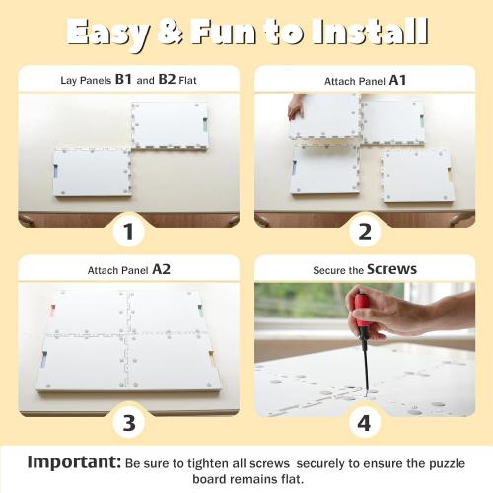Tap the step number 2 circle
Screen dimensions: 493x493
click(365, 233)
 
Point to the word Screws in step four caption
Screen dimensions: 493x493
click(391, 267)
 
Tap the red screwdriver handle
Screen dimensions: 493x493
click(361, 316)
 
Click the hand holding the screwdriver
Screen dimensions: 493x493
click(399, 314)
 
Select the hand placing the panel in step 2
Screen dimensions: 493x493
click(295, 107)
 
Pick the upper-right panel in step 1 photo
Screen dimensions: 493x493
click(170, 124)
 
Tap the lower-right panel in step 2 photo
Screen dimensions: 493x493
click(417, 175)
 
